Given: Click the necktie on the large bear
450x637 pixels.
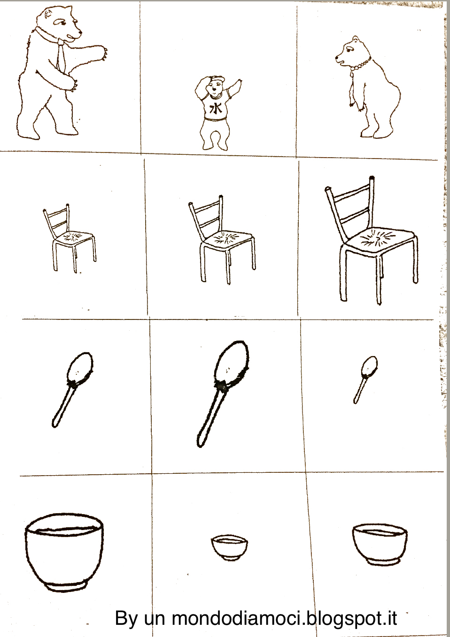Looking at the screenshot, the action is [61, 57].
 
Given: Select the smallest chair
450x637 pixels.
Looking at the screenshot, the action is [70, 238].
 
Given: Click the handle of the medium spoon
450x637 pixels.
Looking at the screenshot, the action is [62, 405].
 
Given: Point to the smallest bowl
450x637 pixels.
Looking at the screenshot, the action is [229, 548].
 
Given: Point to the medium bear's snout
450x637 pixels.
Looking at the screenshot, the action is [340, 59].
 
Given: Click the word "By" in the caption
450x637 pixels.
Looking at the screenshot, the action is [126, 618].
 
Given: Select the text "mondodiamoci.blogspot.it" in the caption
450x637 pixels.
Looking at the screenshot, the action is [285, 618].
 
